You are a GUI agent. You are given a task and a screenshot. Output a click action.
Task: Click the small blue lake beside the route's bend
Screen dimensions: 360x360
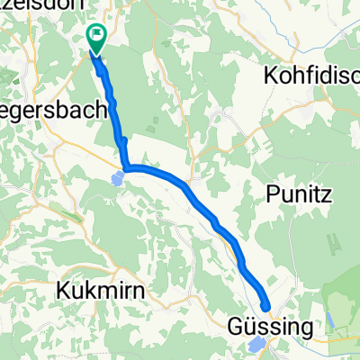tap(119, 179)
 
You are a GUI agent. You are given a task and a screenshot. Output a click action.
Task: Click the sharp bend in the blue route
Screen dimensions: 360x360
tap(127, 167)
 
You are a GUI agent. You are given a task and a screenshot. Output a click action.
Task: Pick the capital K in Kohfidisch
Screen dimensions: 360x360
tap(266, 76)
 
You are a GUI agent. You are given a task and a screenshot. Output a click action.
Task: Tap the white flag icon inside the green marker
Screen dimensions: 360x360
tap(95, 35)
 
